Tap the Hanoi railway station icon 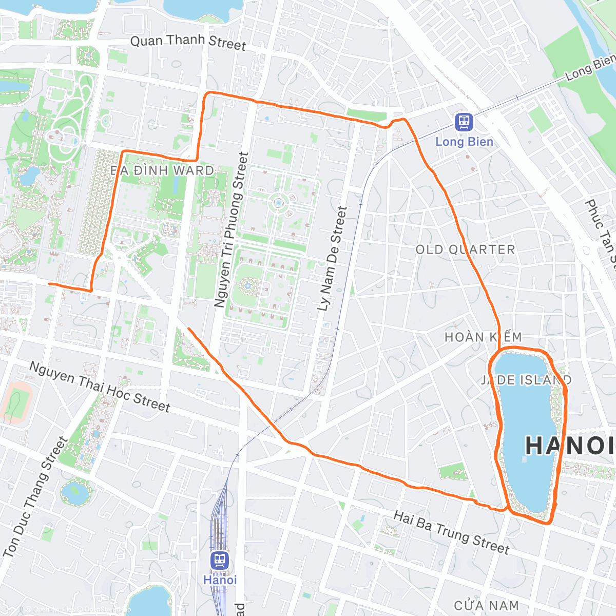(x=220, y=560)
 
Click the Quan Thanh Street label (x=188, y=42)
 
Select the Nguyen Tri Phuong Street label (x=231, y=229)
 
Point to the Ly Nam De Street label (x=332, y=259)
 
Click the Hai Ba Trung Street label (x=451, y=532)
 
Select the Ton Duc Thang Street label (x=35, y=497)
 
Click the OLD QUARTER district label (x=465, y=249)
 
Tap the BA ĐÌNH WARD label (x=163, y=170)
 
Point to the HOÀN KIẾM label (x=483, y=337)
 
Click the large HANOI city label (x=570, y=445)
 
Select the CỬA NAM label (x=486, y=606)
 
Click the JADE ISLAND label (x=526, y=380)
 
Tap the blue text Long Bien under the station (x=464, y=142)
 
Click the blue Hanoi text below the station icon (x=220, y=580)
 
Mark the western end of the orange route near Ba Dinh (x=49, y=283)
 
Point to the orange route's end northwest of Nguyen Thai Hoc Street (x=189, y=328)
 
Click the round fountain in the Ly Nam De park (x=278, y=203)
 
